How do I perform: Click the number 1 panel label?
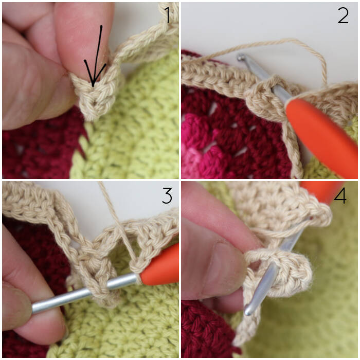(x=167, y=15)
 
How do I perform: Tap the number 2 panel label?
(x=343, y=15)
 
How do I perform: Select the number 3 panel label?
(x=167, y=195)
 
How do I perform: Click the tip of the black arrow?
(x=93, y=87)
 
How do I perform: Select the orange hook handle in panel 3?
(x=160, y=266)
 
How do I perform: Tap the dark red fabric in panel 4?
(x=204, y=331)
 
